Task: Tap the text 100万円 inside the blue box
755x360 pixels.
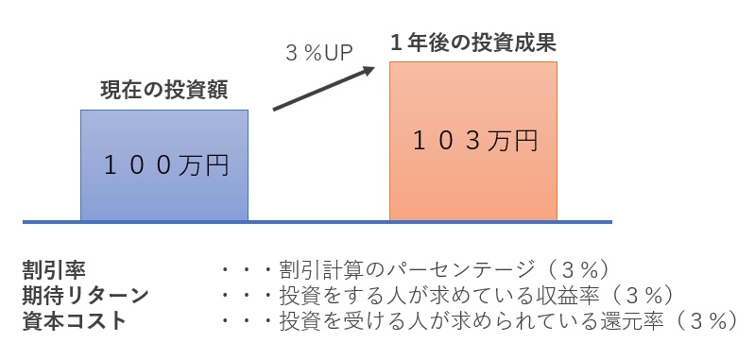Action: pos(166,166)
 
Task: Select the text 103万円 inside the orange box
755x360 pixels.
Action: pos(475,141)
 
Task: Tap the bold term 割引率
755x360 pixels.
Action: pos(53,268)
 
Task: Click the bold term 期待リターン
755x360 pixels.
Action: pos(85,294)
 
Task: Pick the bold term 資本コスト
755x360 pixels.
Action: pos(74,319)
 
